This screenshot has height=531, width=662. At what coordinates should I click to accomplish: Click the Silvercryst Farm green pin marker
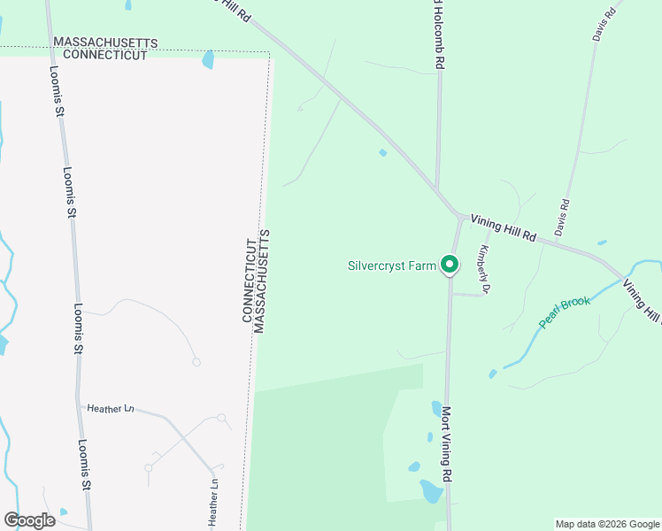450,264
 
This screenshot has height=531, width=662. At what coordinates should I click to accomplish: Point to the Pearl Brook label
565,312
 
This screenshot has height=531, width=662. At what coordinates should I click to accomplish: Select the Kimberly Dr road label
484,269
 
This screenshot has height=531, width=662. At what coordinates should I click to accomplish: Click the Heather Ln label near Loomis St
110,408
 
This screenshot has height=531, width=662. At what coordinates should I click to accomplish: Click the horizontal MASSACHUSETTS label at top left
105,42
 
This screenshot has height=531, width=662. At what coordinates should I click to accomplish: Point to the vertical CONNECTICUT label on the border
249,280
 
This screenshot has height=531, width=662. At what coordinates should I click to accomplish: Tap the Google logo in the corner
29,520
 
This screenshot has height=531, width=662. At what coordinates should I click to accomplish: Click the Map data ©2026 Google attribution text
606,524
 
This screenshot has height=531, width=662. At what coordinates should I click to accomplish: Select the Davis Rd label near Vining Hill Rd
561,217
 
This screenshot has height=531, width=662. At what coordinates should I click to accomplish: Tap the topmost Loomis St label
57,93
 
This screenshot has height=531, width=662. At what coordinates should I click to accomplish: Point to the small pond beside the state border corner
209,60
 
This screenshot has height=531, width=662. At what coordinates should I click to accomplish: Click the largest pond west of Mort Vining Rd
431,491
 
